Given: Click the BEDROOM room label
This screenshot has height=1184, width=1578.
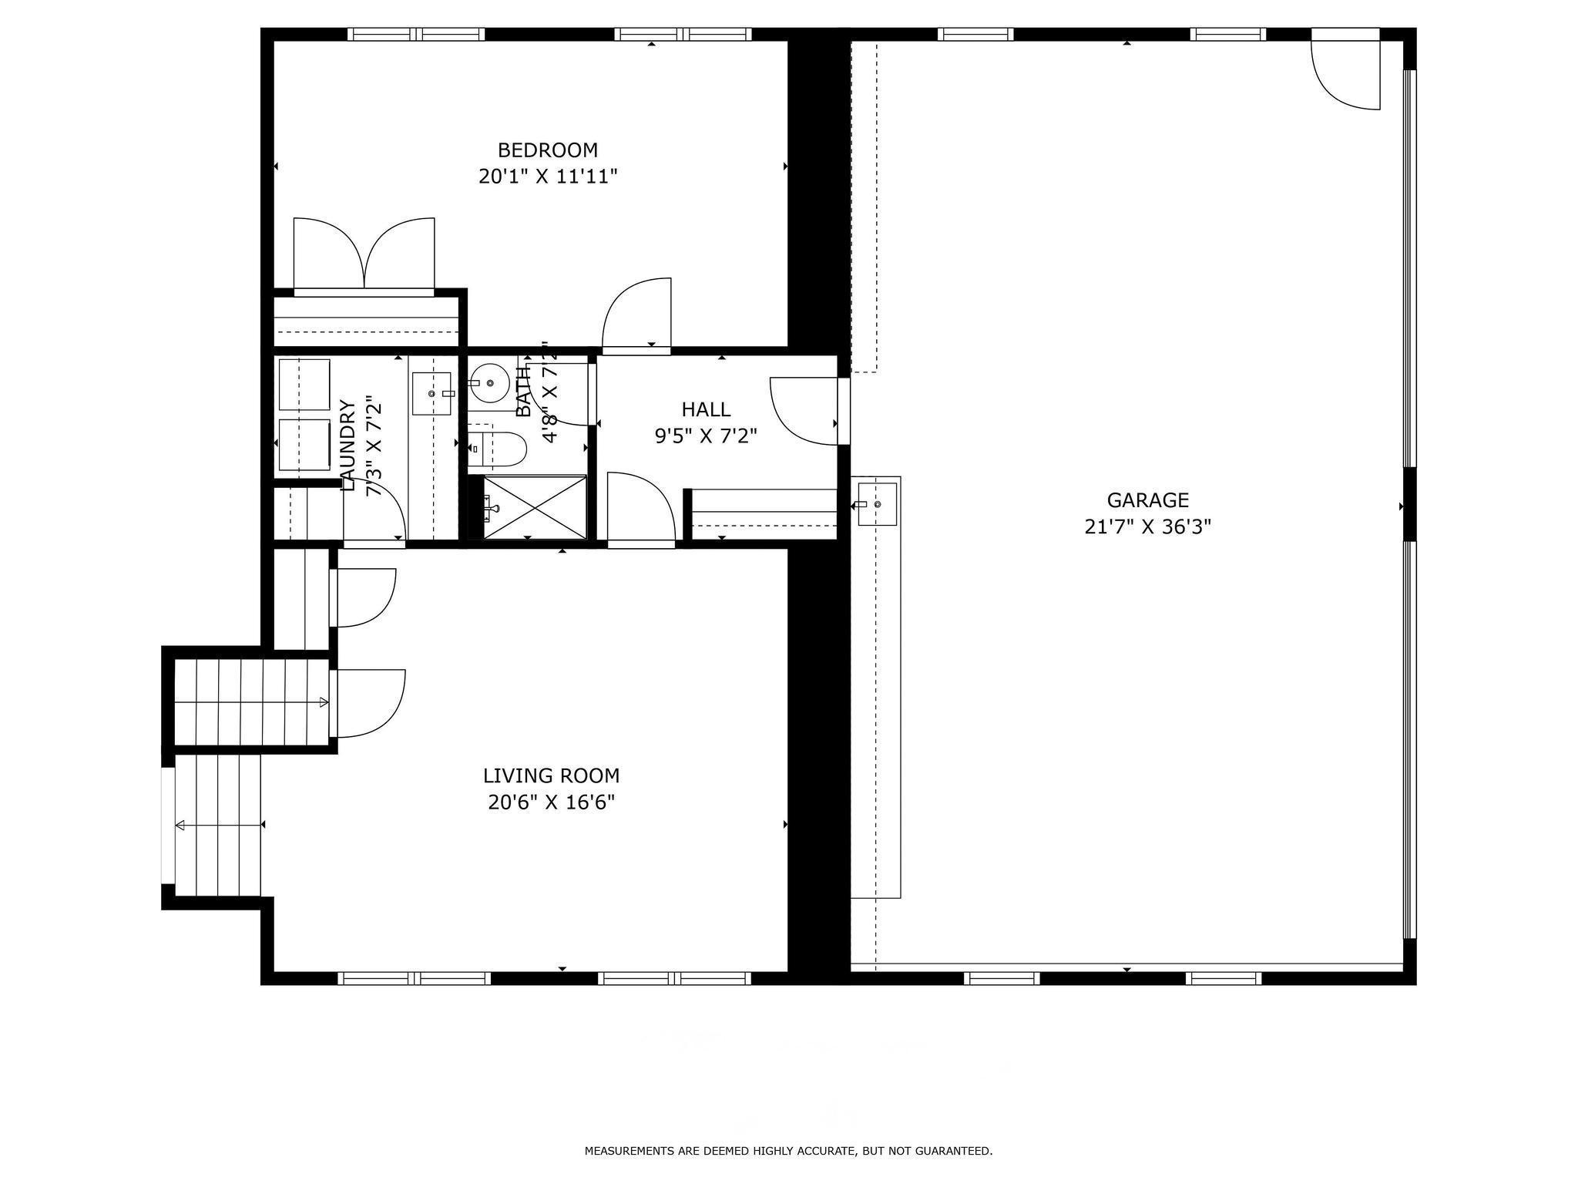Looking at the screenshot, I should (x=547, y=150).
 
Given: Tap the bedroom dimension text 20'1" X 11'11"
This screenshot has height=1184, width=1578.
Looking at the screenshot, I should (x=547, y=177).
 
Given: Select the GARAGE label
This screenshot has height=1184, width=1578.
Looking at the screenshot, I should (x=1147, y=500).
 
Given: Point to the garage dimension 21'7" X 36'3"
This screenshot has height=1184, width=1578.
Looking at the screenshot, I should (x=1147, y=527).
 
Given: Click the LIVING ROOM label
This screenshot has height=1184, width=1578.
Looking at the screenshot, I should (x=551, y=775).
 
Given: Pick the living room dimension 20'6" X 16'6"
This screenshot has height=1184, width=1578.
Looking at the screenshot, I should (x=551, y=802).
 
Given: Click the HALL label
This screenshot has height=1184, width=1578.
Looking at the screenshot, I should (x=705, y=409).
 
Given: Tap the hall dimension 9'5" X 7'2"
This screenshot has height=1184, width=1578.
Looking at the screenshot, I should (x=705, y=436).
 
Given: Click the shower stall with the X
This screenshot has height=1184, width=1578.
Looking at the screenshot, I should (x=535, y=507).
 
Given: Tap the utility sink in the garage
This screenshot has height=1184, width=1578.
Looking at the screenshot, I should (x=877, y=504).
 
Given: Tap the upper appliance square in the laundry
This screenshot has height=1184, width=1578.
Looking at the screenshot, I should (x=304, y=384).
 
